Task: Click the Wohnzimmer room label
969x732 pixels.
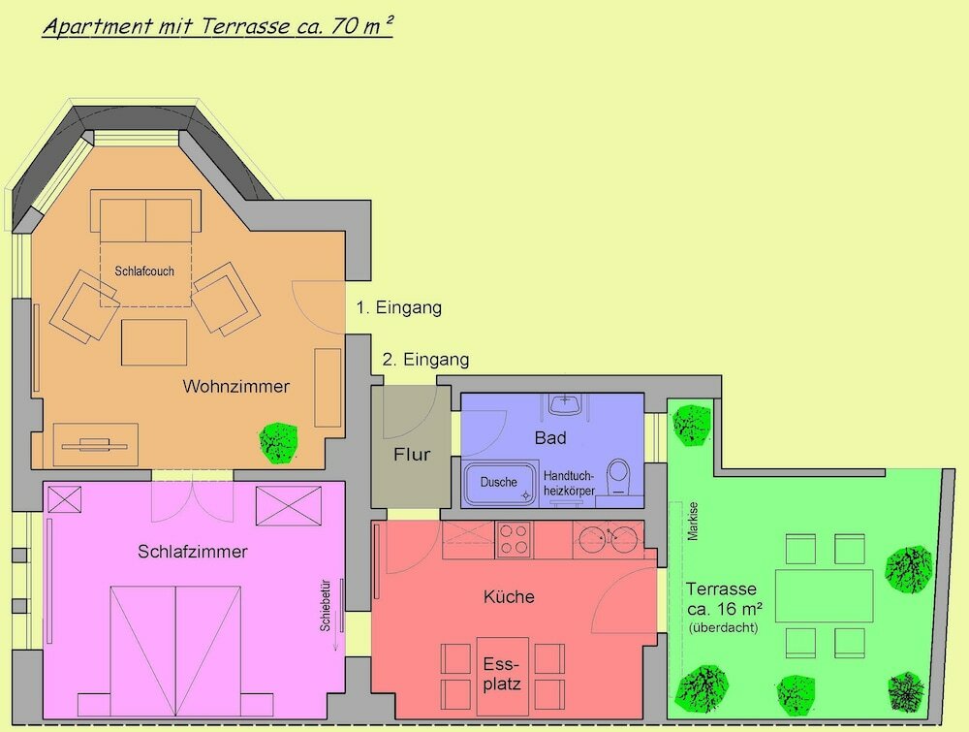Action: [x=235, y=387]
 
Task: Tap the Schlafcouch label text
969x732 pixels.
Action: [x=144, y=271]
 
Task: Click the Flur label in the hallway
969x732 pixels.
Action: [x=411, y=454]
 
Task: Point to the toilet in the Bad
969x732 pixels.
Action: [x=618, y=477]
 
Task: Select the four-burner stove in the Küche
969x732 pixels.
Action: [x=514, y=539]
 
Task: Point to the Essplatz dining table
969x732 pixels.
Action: [x=502, y=675]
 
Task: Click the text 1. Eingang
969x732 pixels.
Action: [x=398, y=308]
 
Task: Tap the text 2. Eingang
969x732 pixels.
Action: [x=425, y=360]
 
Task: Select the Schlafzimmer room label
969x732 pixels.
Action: [x=193, y=552]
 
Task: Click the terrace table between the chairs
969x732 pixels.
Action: [x=824, y=596]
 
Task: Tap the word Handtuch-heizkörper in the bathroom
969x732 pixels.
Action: [x=569, y=484]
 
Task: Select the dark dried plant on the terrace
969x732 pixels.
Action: [x=907, y=692]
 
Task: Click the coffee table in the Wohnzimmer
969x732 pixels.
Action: [x=154, y=342]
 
